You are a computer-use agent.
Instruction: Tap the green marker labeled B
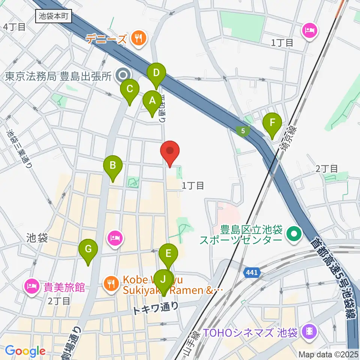coord(112,165)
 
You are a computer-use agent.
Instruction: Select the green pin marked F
coord(272,123)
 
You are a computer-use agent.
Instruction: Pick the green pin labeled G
coord(88,249)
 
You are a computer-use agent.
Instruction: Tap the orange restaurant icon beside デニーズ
coord(138,38)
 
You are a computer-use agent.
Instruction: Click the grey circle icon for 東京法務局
coord(121,76)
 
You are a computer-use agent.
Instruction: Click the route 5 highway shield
coord(243,131)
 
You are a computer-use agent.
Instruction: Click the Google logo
coord(25,351)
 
